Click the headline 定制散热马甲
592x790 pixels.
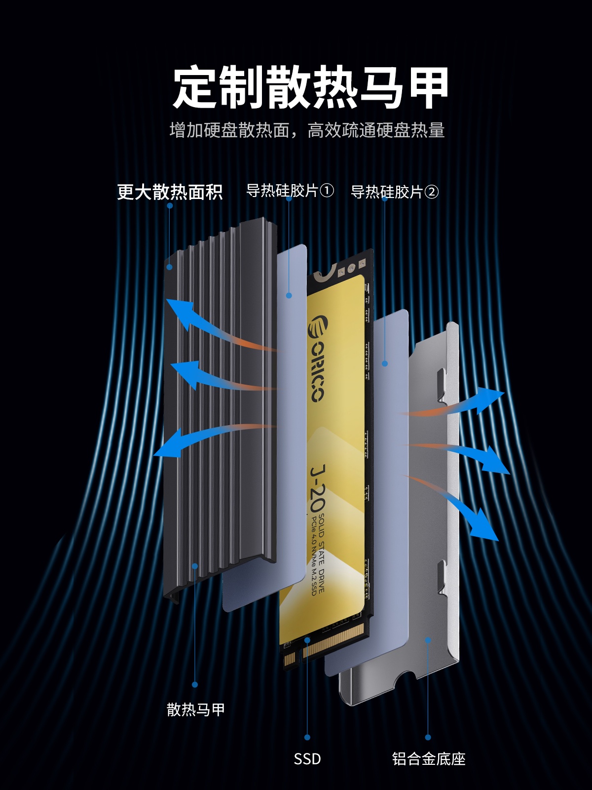point(311,87)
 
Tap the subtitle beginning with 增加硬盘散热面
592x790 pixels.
point(307,130)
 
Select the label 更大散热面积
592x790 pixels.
point(170,192)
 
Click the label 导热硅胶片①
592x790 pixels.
point(290,191)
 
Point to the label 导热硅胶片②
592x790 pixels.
point(394,192)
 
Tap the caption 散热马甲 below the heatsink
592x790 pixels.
point(195,710)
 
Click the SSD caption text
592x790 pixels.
point(307,759)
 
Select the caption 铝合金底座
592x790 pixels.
point(428,759)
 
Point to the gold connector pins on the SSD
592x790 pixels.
point(324,646)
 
